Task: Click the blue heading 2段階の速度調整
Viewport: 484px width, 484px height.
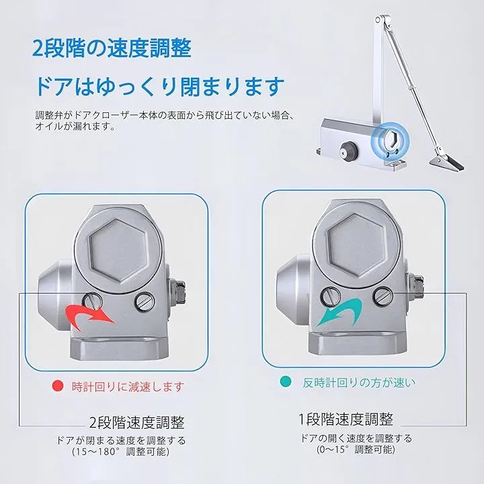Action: click(x=112, y=48)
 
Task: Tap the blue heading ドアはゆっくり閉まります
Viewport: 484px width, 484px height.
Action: click(x=159, y=86)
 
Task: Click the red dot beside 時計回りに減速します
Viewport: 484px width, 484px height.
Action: click(x=58, y=386)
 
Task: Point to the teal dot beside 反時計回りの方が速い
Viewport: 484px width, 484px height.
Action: click(x=286, y=382)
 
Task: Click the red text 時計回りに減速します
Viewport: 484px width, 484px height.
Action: click(x=128, y=387)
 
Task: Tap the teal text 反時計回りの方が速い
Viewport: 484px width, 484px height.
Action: click(x=359, y=382)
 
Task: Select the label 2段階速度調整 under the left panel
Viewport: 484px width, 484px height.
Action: click(x=136, y=422)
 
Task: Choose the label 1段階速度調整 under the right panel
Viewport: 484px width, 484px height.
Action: click(x=346, y=419)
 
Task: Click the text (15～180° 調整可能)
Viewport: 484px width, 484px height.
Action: click(x=121, y=452)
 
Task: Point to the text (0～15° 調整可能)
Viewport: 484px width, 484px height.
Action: click(x=356, y=449)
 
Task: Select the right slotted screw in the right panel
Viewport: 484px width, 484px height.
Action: click(x=382, y=296)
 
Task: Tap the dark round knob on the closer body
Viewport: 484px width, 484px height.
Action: click(x=349, y=149)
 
